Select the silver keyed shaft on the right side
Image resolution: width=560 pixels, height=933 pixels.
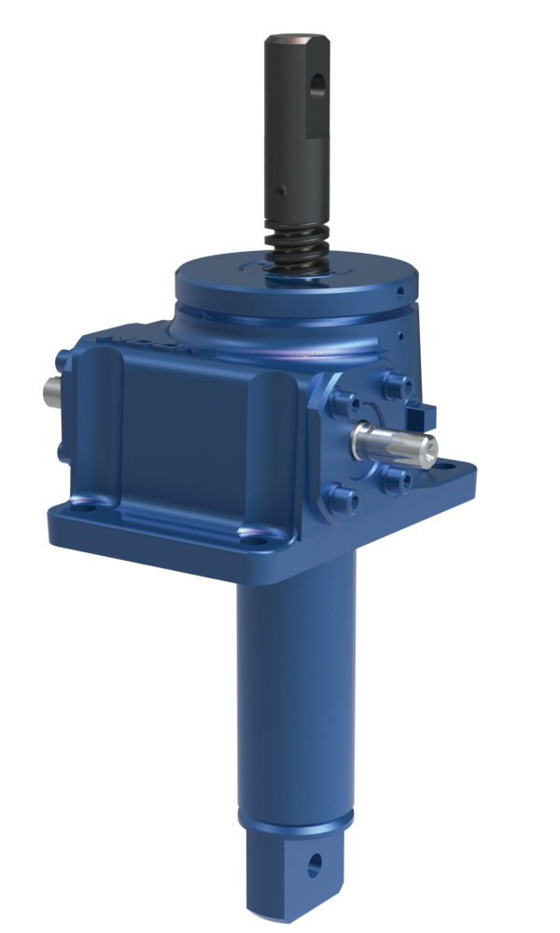tap(397, 443)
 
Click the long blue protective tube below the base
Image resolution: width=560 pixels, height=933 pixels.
tap(294, 681)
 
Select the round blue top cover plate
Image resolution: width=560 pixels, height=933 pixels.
tap(297, 280)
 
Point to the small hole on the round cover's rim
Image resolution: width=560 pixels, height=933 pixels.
tap(399, 291)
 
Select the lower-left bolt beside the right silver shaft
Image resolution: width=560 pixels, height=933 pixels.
tap(342, 494)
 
